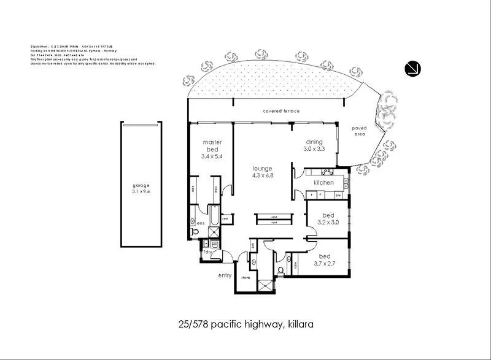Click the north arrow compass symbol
[412, 69]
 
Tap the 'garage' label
[141, 185]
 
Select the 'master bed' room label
[211, 145]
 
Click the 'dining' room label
[314, 142]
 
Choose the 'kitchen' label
[323, 183]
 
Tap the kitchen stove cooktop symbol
[326, 172]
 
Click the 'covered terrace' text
[281, 111]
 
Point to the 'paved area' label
[359, 131]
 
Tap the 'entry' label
[225, 275]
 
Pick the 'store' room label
[245, 278]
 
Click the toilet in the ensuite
[195, 232]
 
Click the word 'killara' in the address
[301, 323]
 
